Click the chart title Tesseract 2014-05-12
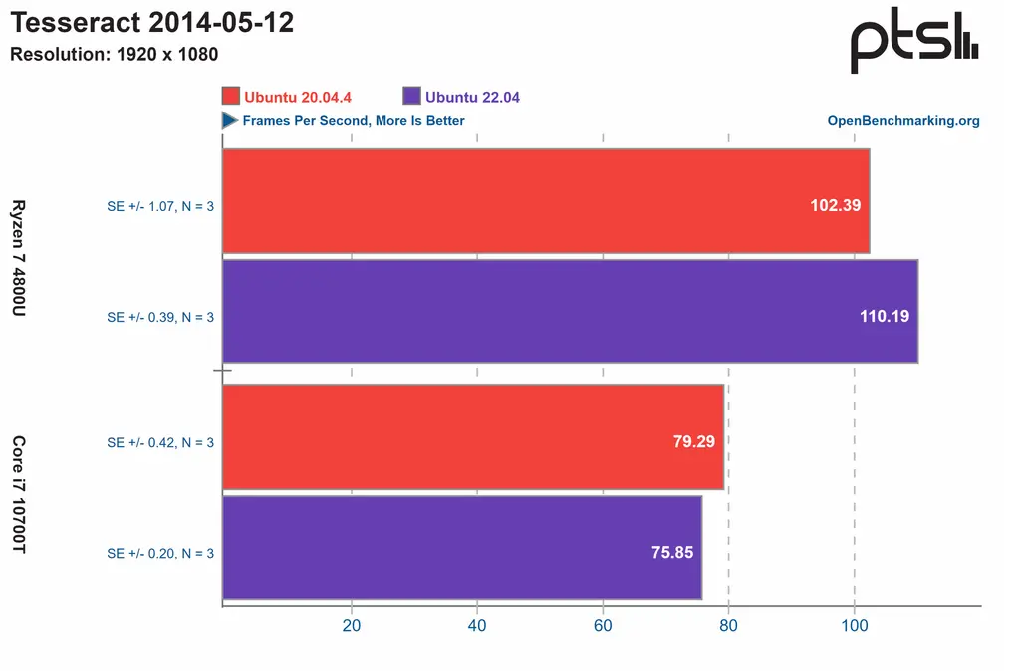pos(151,23)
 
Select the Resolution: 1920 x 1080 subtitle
pos(114,54)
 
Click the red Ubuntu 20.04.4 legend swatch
pos(231,96)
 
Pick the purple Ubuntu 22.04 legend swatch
pos(411,96)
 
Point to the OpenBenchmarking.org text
pos(903,121)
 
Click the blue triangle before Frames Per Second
pos(229,120)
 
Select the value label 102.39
pos(835,205)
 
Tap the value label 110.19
pos(884,316)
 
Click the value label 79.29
pos(693,441)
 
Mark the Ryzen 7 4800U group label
pos(18,258)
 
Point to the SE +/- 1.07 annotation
pos(160,207)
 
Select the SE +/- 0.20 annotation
pos(160,554)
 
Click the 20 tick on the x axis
pos(351,625)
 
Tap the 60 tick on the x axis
pos(603,625)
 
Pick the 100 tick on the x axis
pos(854,625)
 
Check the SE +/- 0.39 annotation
pos(160,318)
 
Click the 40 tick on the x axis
pos(477,625)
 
